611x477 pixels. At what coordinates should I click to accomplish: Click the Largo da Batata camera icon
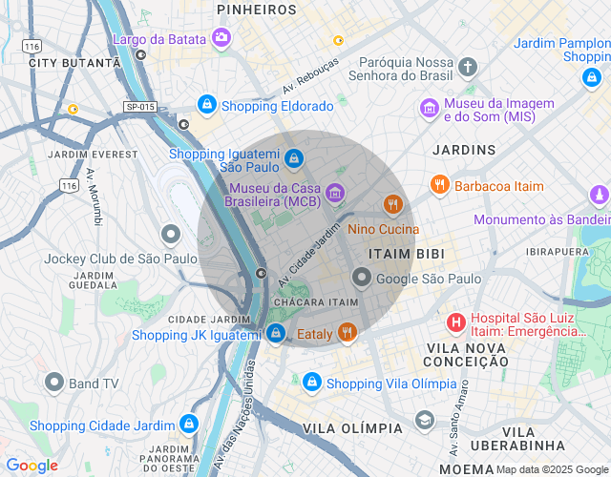(221, 38)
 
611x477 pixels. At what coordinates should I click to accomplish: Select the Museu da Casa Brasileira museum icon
(334, 194)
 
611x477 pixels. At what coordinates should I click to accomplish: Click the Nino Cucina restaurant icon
(392, 204)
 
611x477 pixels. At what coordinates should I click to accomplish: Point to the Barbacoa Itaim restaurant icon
(439, 185)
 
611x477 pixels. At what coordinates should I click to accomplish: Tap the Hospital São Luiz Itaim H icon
(456, 321)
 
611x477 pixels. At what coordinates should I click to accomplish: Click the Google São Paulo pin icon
(362, 278)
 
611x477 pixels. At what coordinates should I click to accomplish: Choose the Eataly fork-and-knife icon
(348, 333)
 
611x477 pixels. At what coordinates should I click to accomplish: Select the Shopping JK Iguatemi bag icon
(276, 333)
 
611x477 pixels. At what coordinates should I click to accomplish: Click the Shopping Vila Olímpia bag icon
(311, 383)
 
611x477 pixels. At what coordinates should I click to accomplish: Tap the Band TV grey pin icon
(54, 383)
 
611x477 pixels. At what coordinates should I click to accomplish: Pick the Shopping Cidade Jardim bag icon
(189, 424)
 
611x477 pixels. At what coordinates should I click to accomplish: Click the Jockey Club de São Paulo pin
(171, 234)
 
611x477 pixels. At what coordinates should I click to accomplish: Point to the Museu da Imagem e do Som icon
(430, 109)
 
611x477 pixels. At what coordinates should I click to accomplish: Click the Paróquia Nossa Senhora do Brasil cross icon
(467, 67)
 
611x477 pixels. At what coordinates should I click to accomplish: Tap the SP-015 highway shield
(139, 108)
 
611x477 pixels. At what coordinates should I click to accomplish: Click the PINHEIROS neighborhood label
(257, 9)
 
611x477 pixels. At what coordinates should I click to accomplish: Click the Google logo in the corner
(32, 466)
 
